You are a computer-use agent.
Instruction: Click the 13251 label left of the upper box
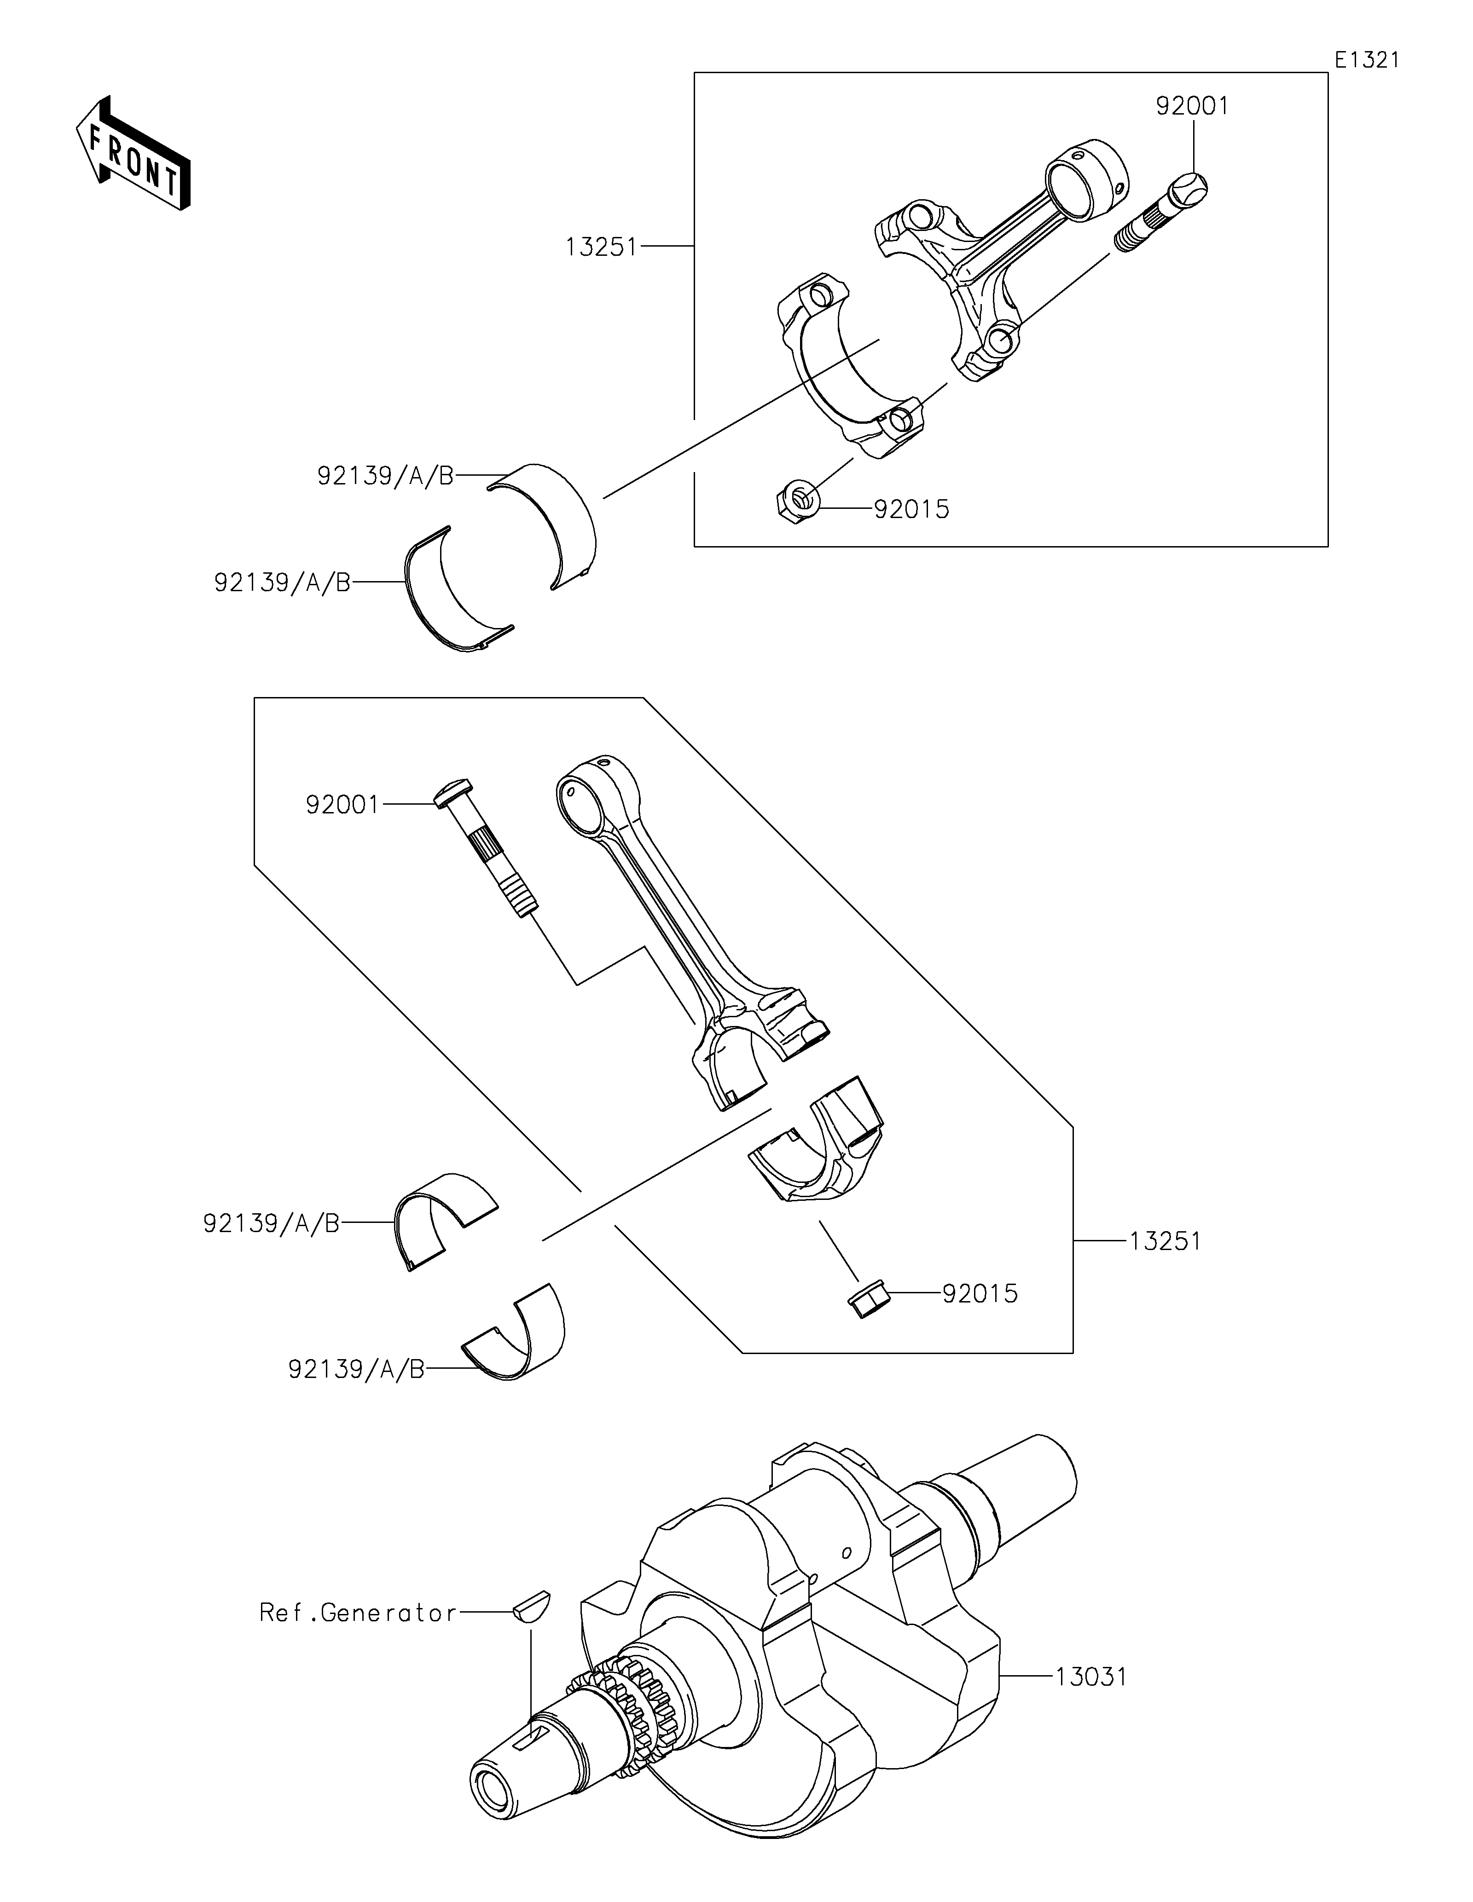(x=601, y=248)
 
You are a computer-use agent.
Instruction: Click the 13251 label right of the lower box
(x=1166, y=1241)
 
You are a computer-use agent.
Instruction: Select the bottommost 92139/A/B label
(x=356, y=1370)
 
